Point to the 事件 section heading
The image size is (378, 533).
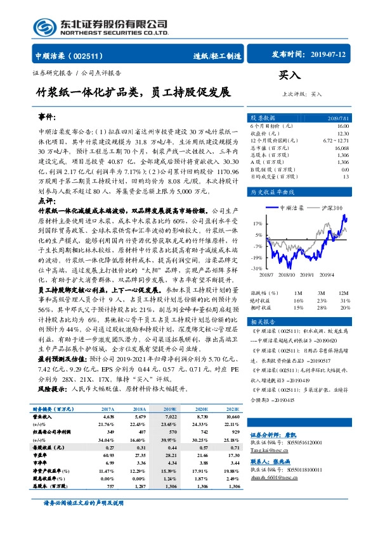(48, 118)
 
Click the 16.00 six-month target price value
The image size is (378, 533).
(342, 127)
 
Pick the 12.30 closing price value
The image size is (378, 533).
(342, 133)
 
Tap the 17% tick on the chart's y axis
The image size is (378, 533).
(257, 223)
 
